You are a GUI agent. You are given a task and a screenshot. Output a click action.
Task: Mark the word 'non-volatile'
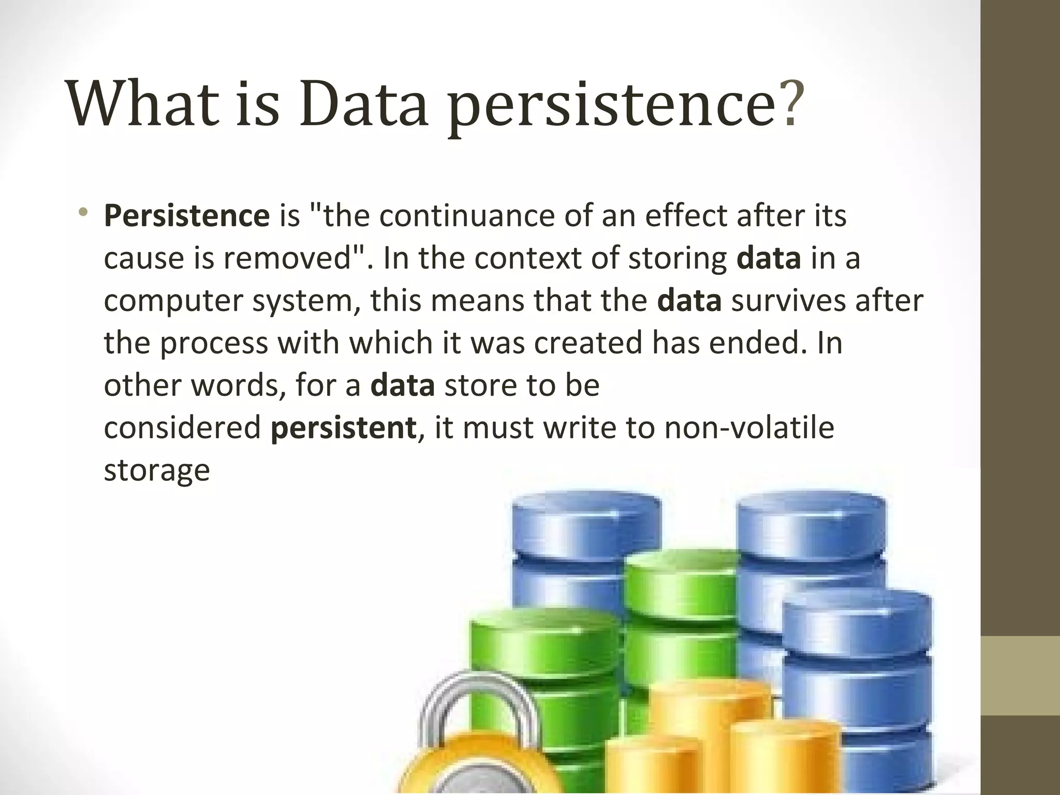click(749, 428)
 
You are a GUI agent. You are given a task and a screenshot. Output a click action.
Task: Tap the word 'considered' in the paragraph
click(183, 428)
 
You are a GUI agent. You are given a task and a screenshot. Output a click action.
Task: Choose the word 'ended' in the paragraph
click(753, 343)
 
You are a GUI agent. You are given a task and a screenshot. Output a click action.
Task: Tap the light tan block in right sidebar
click(1020, 675)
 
